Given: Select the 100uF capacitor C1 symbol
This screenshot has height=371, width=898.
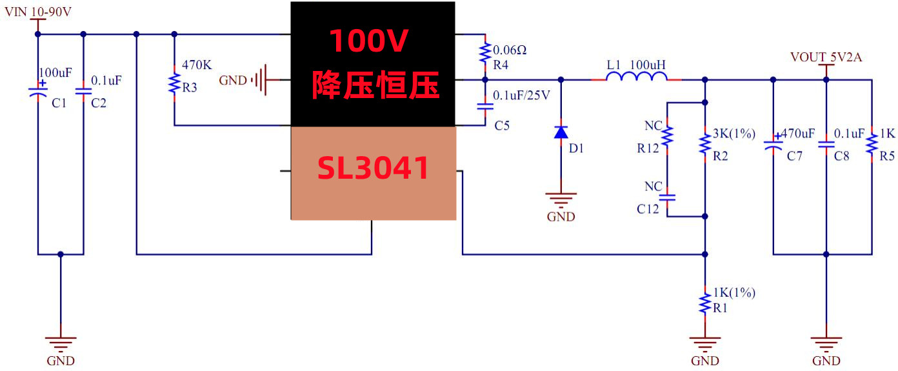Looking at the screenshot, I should click(x=38, y=92).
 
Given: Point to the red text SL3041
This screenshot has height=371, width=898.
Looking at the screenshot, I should click(x=373, y=169).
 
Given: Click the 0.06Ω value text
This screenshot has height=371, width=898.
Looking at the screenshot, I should click(x=514, y=50).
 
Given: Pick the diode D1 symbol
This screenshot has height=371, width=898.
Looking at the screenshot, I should click(x=561, y=132).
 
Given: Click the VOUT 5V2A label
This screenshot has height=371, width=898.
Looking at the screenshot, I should click(x=826, y=57).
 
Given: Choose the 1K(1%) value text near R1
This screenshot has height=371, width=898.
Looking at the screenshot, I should click(x=733, y=293).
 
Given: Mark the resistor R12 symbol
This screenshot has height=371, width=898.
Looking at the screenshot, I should click(x=668, y=136).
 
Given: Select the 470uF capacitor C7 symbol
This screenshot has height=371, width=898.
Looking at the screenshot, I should click(x=773, y=145).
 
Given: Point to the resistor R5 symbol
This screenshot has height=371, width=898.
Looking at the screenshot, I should click(x=871, y=145).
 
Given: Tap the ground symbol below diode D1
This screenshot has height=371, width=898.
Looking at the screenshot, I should click(x=561, y=199).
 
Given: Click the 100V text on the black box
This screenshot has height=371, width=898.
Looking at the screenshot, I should click(x=369, y=41).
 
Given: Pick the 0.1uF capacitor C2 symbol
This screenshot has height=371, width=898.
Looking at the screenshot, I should click(x=83, y=92).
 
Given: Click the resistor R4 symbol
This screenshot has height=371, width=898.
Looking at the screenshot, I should click(x=484, y=52).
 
